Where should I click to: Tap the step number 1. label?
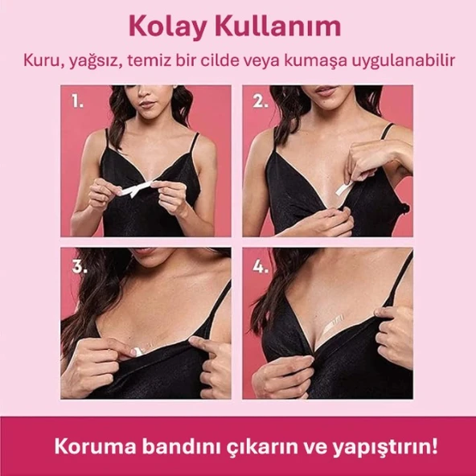tap(78, 102)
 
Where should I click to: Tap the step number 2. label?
tap(261, 102)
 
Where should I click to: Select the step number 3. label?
tap(79, 266)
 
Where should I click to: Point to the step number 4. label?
tap(261, 266)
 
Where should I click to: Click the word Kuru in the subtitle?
tap(43, 61)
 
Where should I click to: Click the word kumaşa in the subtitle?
tap(320, 61)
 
